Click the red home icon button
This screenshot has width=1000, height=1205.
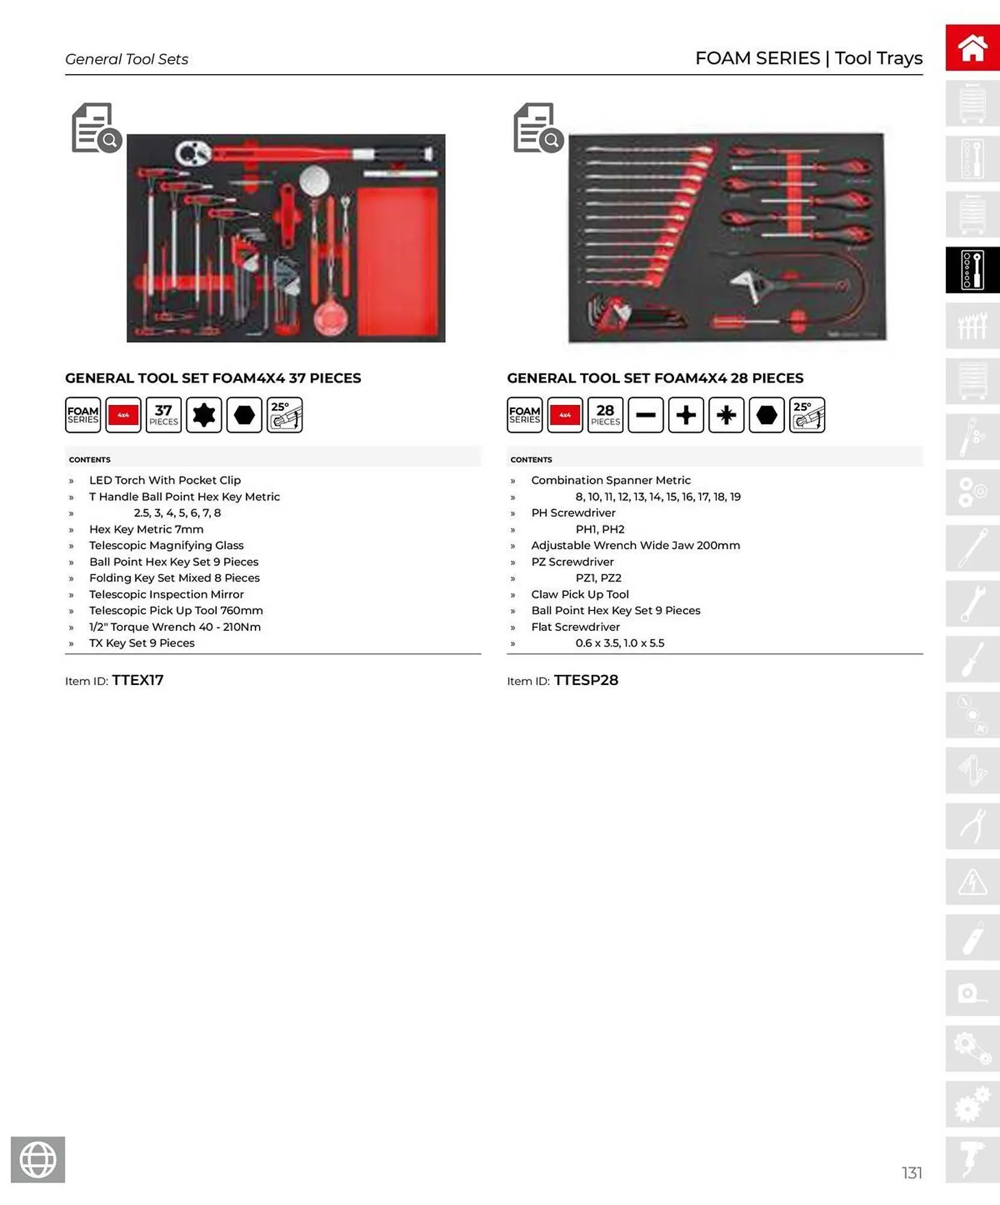(972, 48)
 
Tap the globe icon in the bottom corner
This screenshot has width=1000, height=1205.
(38, 1159)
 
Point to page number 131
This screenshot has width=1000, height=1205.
(911, 1172)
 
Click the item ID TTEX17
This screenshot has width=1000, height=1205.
(137, 680)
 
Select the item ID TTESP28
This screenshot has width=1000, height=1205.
(586, 680)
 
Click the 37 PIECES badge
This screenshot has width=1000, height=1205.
(163, 415)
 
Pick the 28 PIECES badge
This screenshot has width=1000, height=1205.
(605, 415)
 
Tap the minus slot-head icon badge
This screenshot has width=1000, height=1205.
(645, 415)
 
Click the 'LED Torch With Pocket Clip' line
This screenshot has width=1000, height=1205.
(164, 480)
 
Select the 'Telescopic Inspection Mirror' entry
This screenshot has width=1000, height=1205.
(166, 594)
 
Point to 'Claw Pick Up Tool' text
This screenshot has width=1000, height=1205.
(580, 594)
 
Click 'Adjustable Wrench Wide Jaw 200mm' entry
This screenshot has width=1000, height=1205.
(635, 545)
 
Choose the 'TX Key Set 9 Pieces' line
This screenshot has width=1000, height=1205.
(142, 643)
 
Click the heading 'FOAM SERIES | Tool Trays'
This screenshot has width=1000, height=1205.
(808, 58)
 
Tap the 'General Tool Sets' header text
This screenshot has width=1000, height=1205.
(127, 59)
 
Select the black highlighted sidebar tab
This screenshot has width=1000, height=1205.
(972, 270)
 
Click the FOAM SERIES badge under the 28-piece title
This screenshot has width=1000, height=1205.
(524, 415)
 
